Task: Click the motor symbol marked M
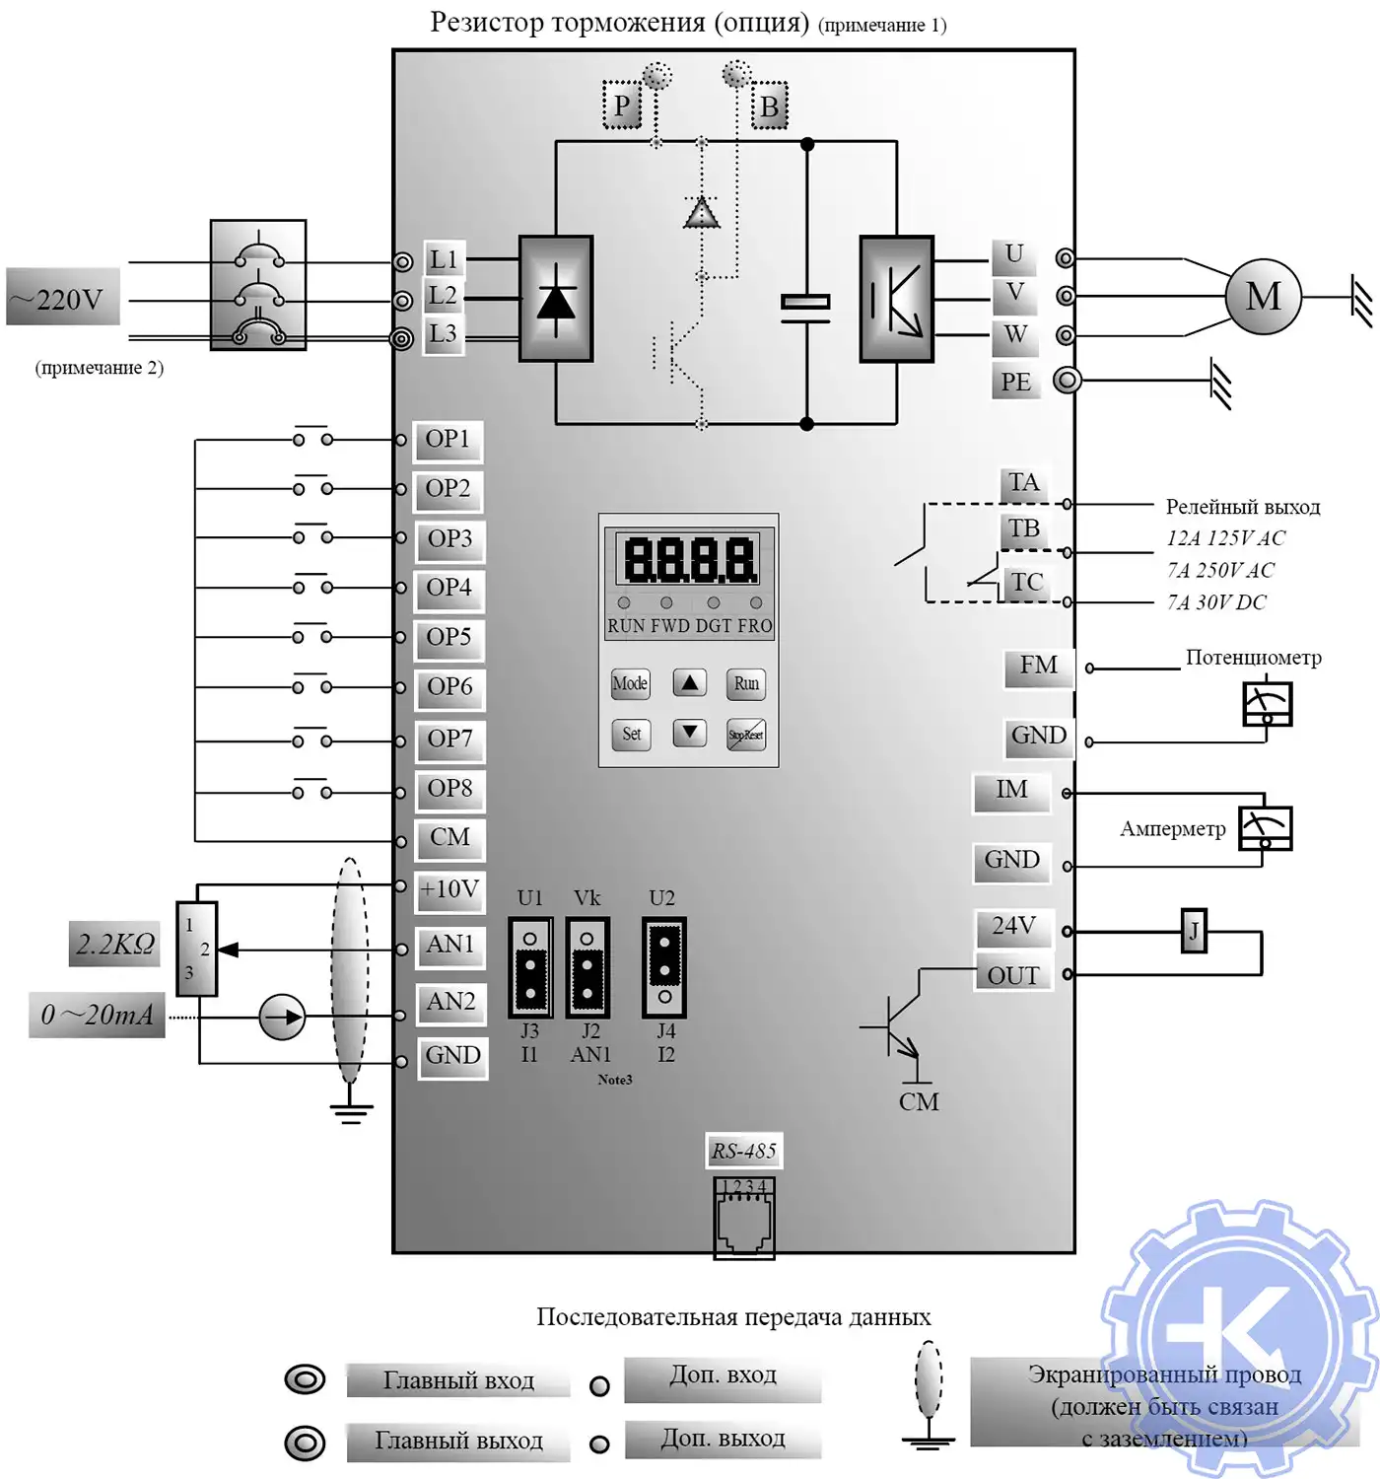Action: (1263, 296)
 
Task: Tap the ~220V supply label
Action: (64, 298)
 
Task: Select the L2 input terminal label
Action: (443, 296)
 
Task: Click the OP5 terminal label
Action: (448, 638)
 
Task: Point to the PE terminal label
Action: (1015, 382)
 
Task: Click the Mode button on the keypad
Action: (630, 683)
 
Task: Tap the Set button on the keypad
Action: (631, 735)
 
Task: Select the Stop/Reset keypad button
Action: (745, 735)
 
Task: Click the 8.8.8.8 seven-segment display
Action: (689, 559)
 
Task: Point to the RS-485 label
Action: (744, 1151)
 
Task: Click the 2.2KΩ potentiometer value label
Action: (115, 945)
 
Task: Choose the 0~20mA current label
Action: (97, 1015)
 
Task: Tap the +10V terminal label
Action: (449, 889)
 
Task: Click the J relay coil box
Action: (1194, 931)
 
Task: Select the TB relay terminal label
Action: (1023, 529)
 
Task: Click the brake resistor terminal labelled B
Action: (769, 106)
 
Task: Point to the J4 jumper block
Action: (664, 967)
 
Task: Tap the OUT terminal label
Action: (1013, 975)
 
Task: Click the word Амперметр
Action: (1172, 829)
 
